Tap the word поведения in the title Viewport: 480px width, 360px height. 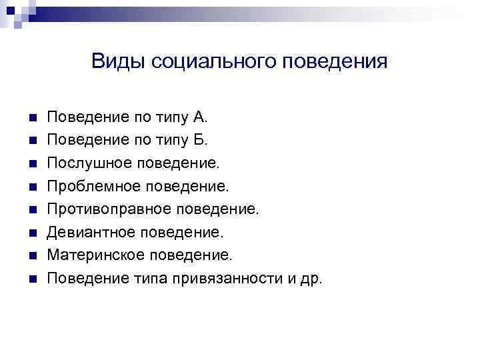335,62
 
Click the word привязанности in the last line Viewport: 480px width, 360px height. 231,278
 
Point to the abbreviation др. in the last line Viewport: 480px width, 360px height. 311,278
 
